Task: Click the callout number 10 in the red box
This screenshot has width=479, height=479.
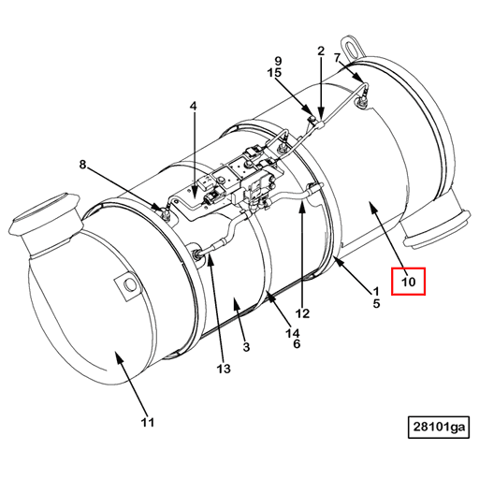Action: tap(409, 281)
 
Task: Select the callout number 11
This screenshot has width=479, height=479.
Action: tap(147, 422)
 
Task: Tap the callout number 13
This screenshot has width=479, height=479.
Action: tap(222, 369)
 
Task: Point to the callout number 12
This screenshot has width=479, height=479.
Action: tap(302, 313)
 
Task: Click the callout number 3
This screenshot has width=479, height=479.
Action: tap(245, 347)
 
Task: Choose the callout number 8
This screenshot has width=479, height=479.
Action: tap(82, 166)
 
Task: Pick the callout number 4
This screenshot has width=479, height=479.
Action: tap(194, 107)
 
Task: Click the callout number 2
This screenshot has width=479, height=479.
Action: tap(321, 51)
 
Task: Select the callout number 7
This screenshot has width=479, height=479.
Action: tap(338, 59)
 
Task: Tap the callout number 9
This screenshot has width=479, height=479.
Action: tap(277, 60)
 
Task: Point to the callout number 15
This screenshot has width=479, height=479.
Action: tap(274, 72)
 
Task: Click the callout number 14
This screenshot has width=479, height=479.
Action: tap(293, 333)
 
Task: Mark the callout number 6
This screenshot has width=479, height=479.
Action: tap(296, 344)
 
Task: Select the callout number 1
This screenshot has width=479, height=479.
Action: tap(375, 290)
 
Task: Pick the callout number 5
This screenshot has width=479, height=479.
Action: tap(375, 303)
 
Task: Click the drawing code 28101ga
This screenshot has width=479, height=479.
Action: tap(439, 428)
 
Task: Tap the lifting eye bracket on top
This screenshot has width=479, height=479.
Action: tap(353, 44)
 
